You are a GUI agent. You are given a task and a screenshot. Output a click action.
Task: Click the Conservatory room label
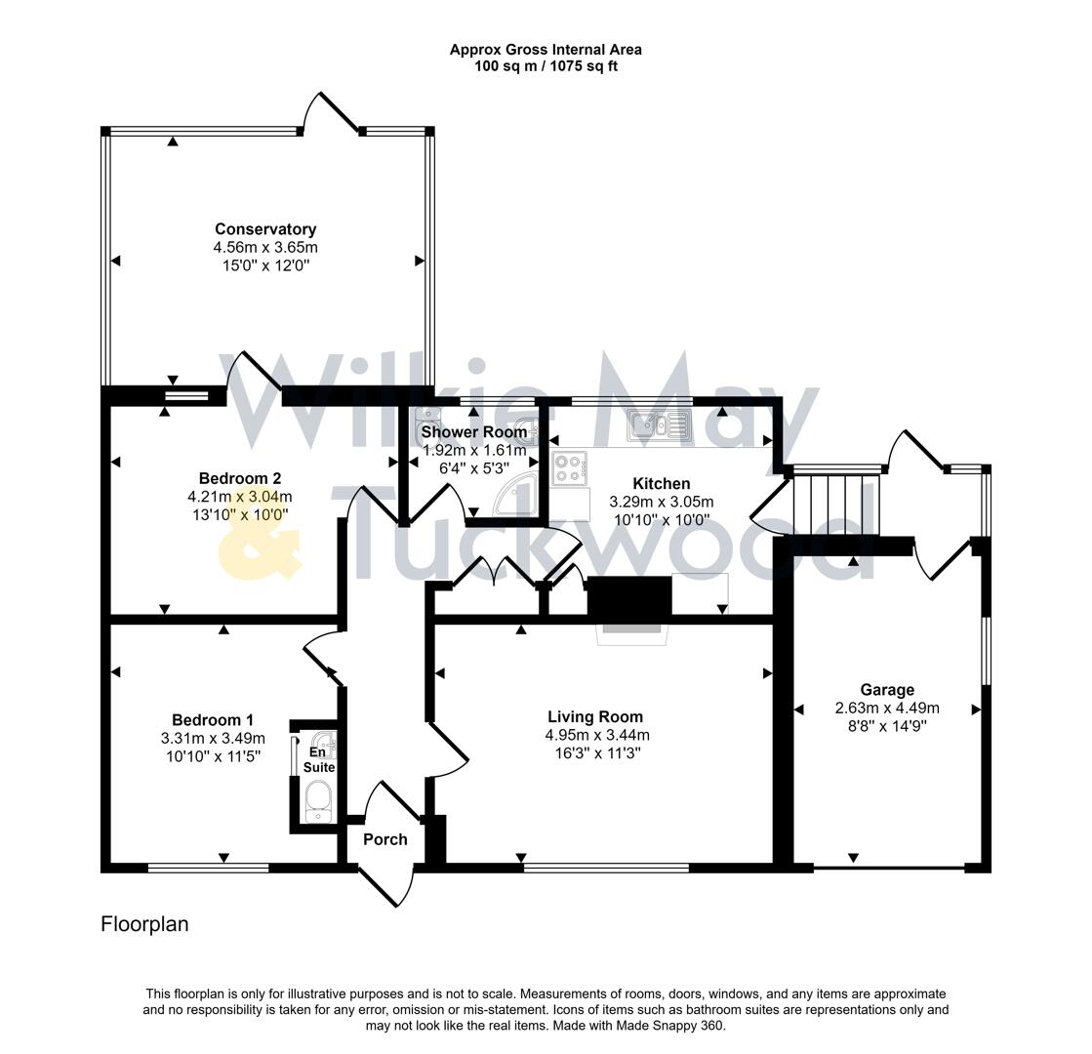265,229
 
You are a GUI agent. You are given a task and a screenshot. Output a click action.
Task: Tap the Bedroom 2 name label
240,478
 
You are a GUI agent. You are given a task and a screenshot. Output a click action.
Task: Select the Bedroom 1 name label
213,720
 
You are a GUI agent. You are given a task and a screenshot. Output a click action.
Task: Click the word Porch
384,839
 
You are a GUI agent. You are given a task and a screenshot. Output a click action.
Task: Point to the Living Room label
594,717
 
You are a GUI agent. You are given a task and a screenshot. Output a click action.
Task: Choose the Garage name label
887,690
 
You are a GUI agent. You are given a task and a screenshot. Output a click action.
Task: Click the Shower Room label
474,432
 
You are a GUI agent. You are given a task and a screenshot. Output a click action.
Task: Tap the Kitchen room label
661,484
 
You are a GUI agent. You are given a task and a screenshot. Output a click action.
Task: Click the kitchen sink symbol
660,424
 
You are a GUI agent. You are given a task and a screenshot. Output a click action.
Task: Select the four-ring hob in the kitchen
569,469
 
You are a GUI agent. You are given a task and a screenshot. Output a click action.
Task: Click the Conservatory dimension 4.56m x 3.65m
265,247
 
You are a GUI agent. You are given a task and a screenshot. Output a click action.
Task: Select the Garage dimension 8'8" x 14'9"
887,725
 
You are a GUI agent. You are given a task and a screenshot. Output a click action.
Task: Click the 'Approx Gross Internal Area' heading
546,49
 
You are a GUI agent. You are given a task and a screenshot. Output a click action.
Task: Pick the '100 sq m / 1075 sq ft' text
546,66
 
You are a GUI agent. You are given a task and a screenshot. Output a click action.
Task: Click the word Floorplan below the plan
144,924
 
